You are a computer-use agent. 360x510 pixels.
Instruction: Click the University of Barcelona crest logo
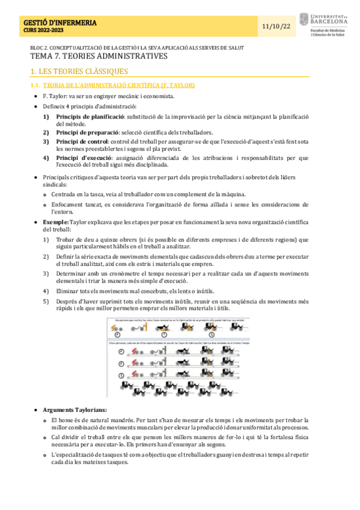(x=304, y=19)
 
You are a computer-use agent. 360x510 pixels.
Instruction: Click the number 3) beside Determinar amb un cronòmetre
(x=46, y=273)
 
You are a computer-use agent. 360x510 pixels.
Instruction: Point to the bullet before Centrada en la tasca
(x=46, y=194)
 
